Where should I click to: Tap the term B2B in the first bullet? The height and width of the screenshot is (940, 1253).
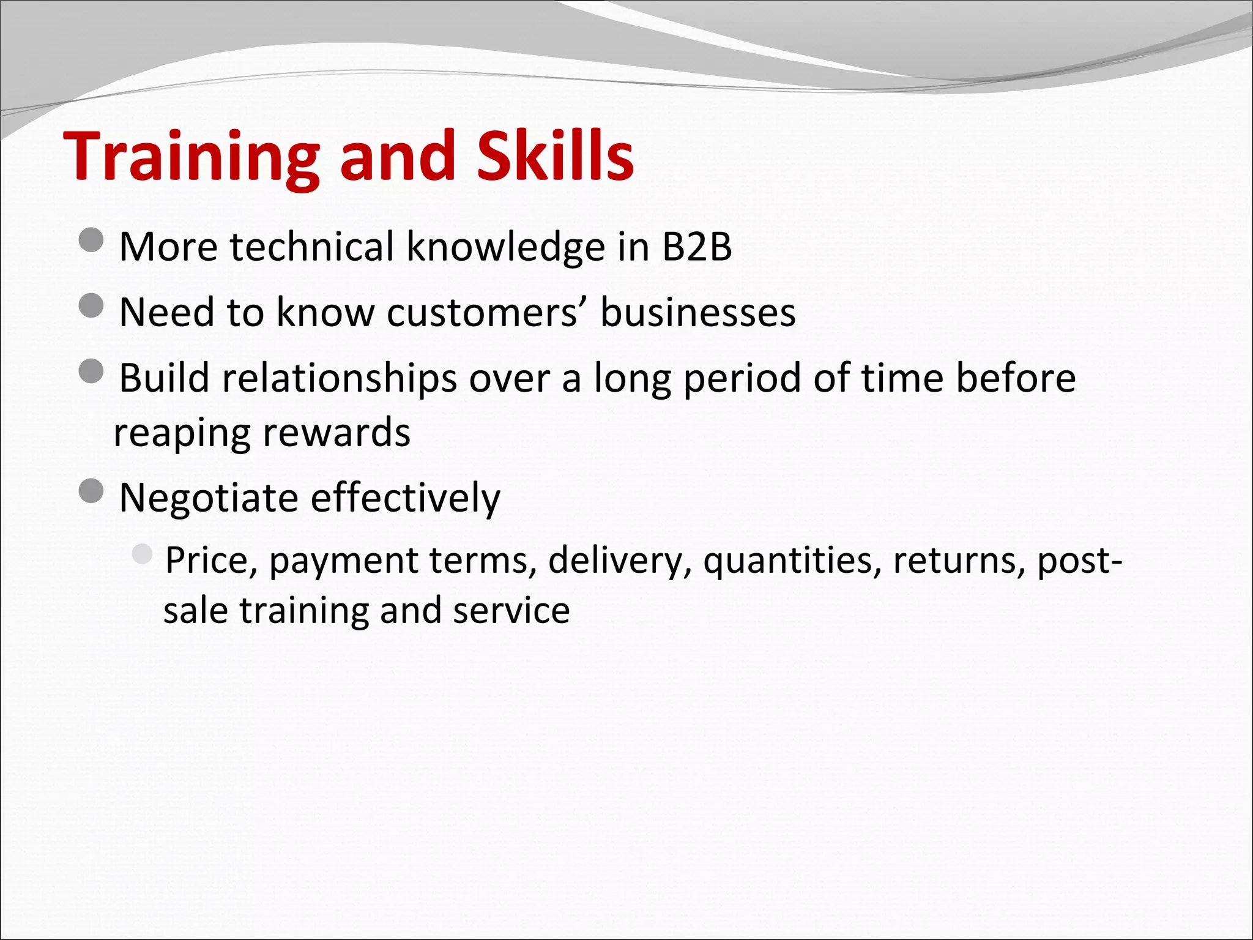[697, 247]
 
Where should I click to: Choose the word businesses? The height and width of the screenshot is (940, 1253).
[697, 313]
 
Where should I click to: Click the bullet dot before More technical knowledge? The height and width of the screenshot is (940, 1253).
[91, 240]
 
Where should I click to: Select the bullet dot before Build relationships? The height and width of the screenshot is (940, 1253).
[91, 371]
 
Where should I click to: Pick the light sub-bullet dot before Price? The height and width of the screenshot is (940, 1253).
[142, 554]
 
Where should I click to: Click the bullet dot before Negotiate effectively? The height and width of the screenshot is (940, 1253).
[91, 491]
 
